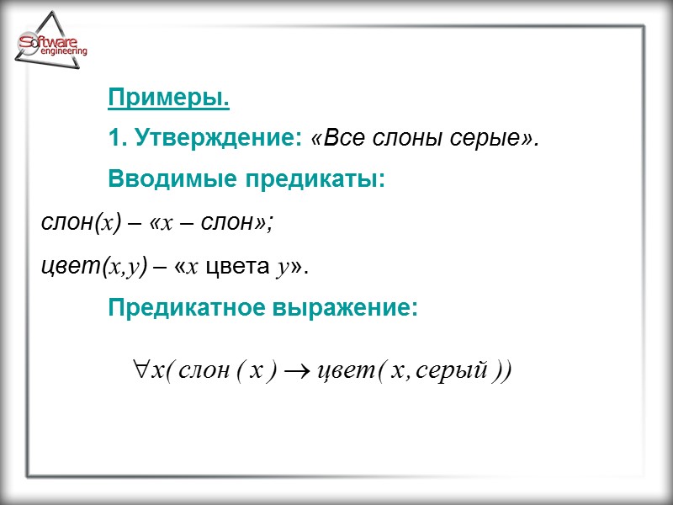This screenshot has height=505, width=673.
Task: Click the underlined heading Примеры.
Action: [168, 98]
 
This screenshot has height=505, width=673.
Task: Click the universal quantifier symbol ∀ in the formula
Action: [139, 370]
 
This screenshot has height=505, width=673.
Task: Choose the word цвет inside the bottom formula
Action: [342, 371]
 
